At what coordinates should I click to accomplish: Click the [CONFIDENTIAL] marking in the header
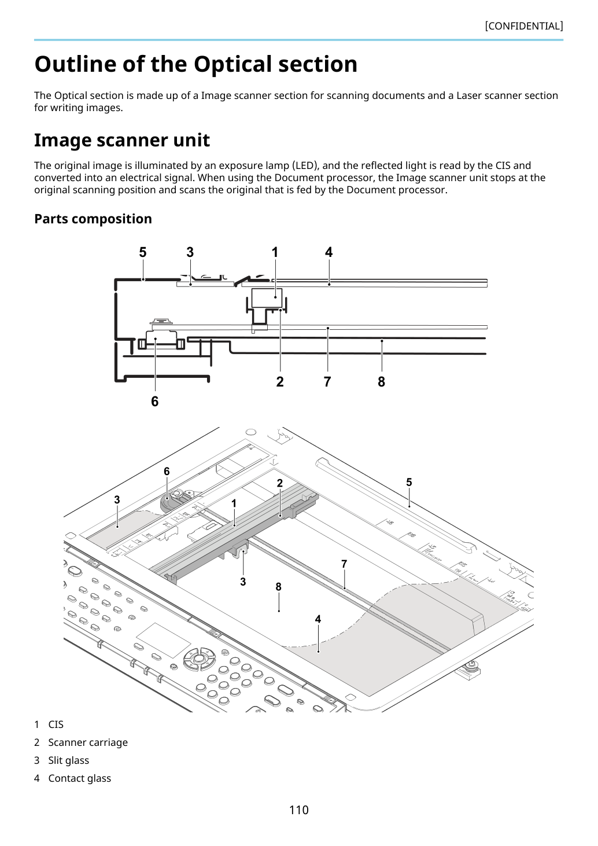(x=523, y=26)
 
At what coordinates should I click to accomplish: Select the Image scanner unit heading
(x=121, y=140)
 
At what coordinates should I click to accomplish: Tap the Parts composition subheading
(x=93, y=219)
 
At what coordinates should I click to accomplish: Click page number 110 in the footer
(x=298, y=810)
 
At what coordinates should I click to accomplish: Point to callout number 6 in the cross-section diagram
(x=155, y=401)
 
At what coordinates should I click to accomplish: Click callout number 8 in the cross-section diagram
(x=381, y=381)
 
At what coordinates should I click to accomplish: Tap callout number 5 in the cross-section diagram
(x=143, y=252)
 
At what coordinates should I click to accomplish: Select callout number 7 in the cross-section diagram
(x=327, y=381)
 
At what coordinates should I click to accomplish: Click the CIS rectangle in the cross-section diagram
(x=267, y=298)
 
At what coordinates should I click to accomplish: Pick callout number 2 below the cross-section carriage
(x=280, y=381)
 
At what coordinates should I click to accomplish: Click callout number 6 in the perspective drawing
(x=167, y=471)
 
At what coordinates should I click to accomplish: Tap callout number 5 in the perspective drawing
(x=409, y=482)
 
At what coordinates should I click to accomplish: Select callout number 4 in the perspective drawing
(x=318, y=619)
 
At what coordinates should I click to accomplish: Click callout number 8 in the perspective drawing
(x=278, y=587)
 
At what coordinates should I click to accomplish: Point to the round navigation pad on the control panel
(x=199, y=659)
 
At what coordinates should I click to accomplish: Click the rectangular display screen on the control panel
(x=164, y=641)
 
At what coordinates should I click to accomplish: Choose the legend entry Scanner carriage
(x=88, y=742)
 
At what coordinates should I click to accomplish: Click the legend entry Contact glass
(x=80, y=778)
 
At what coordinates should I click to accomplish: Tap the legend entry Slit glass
(x=69, y=760)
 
